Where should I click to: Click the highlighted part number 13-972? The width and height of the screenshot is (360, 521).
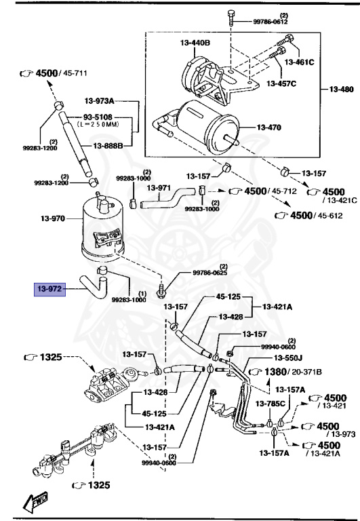(50, 289)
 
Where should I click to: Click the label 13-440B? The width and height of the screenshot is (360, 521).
(195, 43)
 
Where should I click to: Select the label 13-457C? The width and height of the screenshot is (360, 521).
(281, 83)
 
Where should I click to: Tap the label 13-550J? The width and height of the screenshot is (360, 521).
(289, 358)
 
